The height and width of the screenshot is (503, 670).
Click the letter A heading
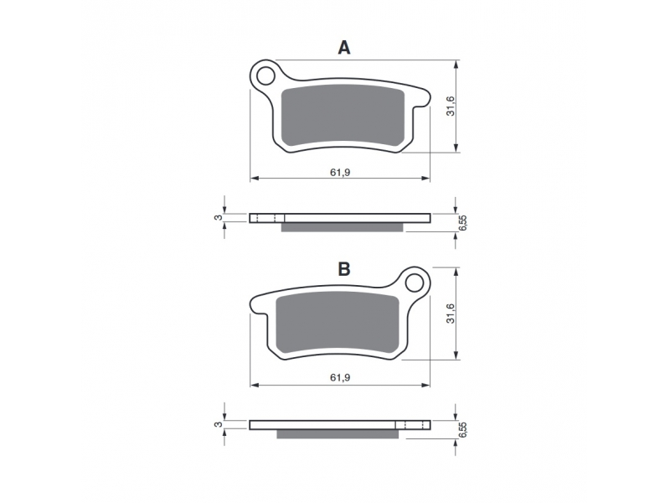coord(344,48)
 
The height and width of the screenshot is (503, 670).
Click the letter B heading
coord(344,269)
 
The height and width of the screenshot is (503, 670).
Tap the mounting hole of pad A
coord(265,76)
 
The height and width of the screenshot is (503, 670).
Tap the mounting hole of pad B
coord(414,283)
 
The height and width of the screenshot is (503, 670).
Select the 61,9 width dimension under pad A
coord(340,172)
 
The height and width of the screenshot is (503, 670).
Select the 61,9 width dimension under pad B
coord(340,377)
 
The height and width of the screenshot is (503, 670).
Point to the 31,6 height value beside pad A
coord(451,106)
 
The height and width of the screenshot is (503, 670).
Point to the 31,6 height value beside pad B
coord(451,313)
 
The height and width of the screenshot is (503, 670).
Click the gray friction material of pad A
coord(343,115)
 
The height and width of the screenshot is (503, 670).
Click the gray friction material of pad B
coord(338,323)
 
